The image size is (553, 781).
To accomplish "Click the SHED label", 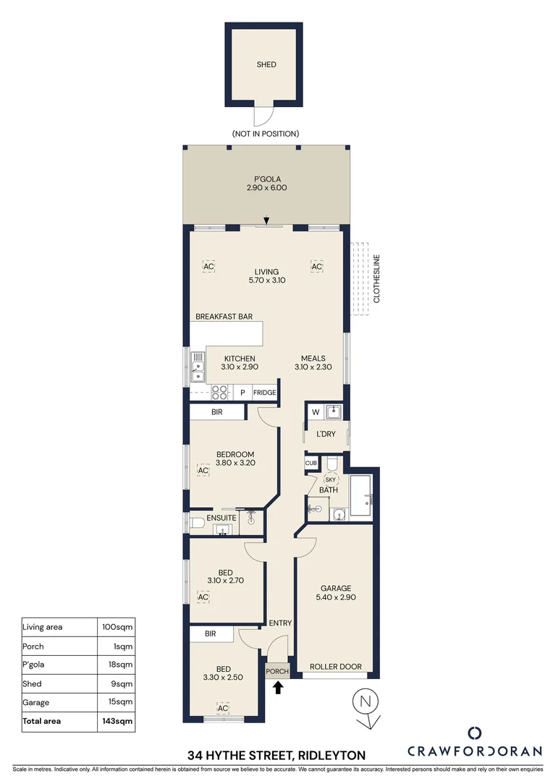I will [x=266, y=64].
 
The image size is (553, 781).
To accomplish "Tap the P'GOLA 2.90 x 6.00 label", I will [x=266, y=183].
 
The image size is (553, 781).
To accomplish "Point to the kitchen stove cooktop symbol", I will [x=219, y=392].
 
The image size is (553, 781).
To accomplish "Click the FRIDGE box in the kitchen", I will [x=264, y=393].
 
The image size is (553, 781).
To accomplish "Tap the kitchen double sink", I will [x=197, y=365].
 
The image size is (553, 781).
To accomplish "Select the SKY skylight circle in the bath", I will [x=330, y=479].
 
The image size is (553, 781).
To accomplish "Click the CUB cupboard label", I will [x=311, y=463].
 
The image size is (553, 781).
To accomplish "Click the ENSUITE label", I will [x=221, y=518].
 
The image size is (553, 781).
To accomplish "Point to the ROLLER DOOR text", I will [x=335, y=667].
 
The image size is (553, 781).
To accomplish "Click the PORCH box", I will [x=278, y=671].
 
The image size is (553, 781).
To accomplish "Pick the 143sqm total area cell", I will [x=116, y=721].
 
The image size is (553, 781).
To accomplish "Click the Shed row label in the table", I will [x=33, y=683].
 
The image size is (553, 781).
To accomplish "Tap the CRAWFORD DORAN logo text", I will [x=475, y=751].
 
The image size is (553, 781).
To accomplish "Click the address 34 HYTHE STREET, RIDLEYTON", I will [x=276, y=754].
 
